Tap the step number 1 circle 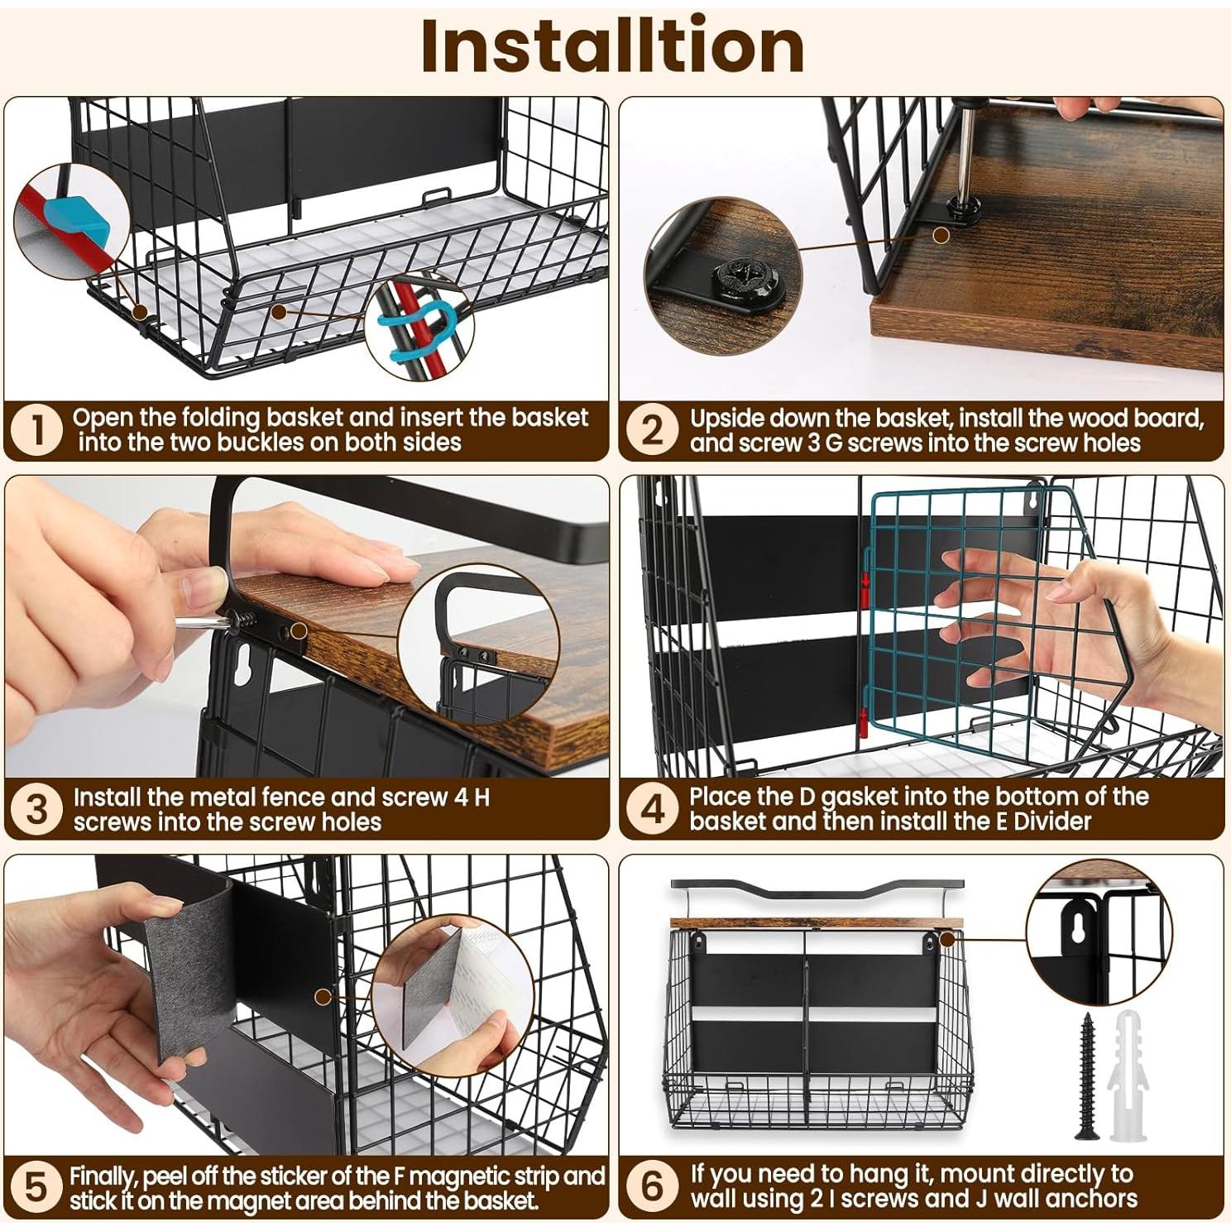[36, 429]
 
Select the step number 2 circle [653, 429]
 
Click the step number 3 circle [36, 808]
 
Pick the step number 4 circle [653, 808]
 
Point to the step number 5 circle [36, 1187]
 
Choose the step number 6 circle [653, 1187]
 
